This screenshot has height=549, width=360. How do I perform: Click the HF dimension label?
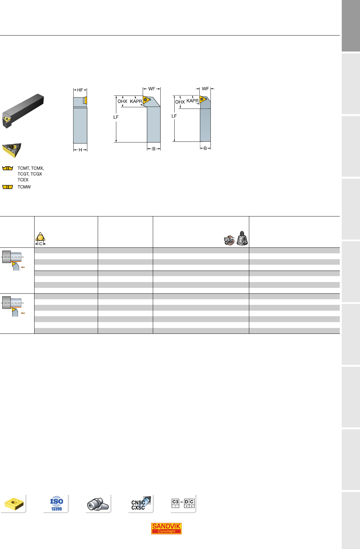pos(80,90)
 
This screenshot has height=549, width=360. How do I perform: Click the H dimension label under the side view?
pos(80,150)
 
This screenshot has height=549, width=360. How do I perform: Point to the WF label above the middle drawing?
pos(152,89)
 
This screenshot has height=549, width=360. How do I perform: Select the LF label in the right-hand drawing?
pos(174,116)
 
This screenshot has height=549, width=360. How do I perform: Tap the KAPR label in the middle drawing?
pos(136,101)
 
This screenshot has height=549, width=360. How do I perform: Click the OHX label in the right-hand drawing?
pos(180,102)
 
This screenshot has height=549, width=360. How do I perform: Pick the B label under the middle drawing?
pos(154,149)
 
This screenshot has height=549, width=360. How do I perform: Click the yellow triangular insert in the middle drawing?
pos(146,99)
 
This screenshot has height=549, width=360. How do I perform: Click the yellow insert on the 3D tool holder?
pos(7,119)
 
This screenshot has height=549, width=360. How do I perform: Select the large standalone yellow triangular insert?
pos(12,150)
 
